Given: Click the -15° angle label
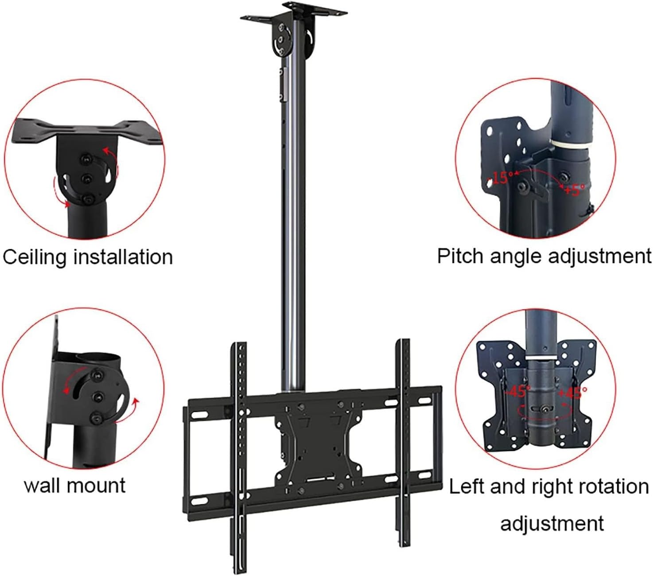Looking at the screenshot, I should tap(501, 177).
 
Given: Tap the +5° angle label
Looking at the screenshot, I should tap(574, 189).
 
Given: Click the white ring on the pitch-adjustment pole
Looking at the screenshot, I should tap(571, 146).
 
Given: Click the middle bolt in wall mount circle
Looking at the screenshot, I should tap(97, 396).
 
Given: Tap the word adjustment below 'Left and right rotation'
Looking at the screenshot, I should tap(552, 523).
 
